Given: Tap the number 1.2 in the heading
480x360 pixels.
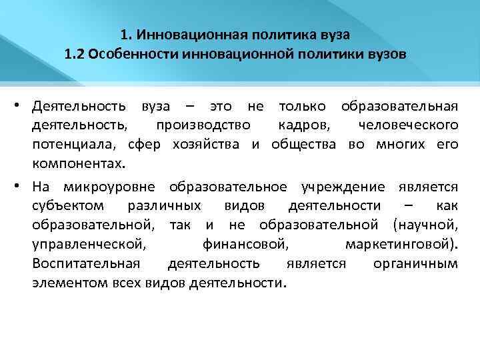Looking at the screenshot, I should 75,54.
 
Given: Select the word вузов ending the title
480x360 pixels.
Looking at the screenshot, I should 385,54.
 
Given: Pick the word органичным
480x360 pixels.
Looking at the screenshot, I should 415,263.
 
